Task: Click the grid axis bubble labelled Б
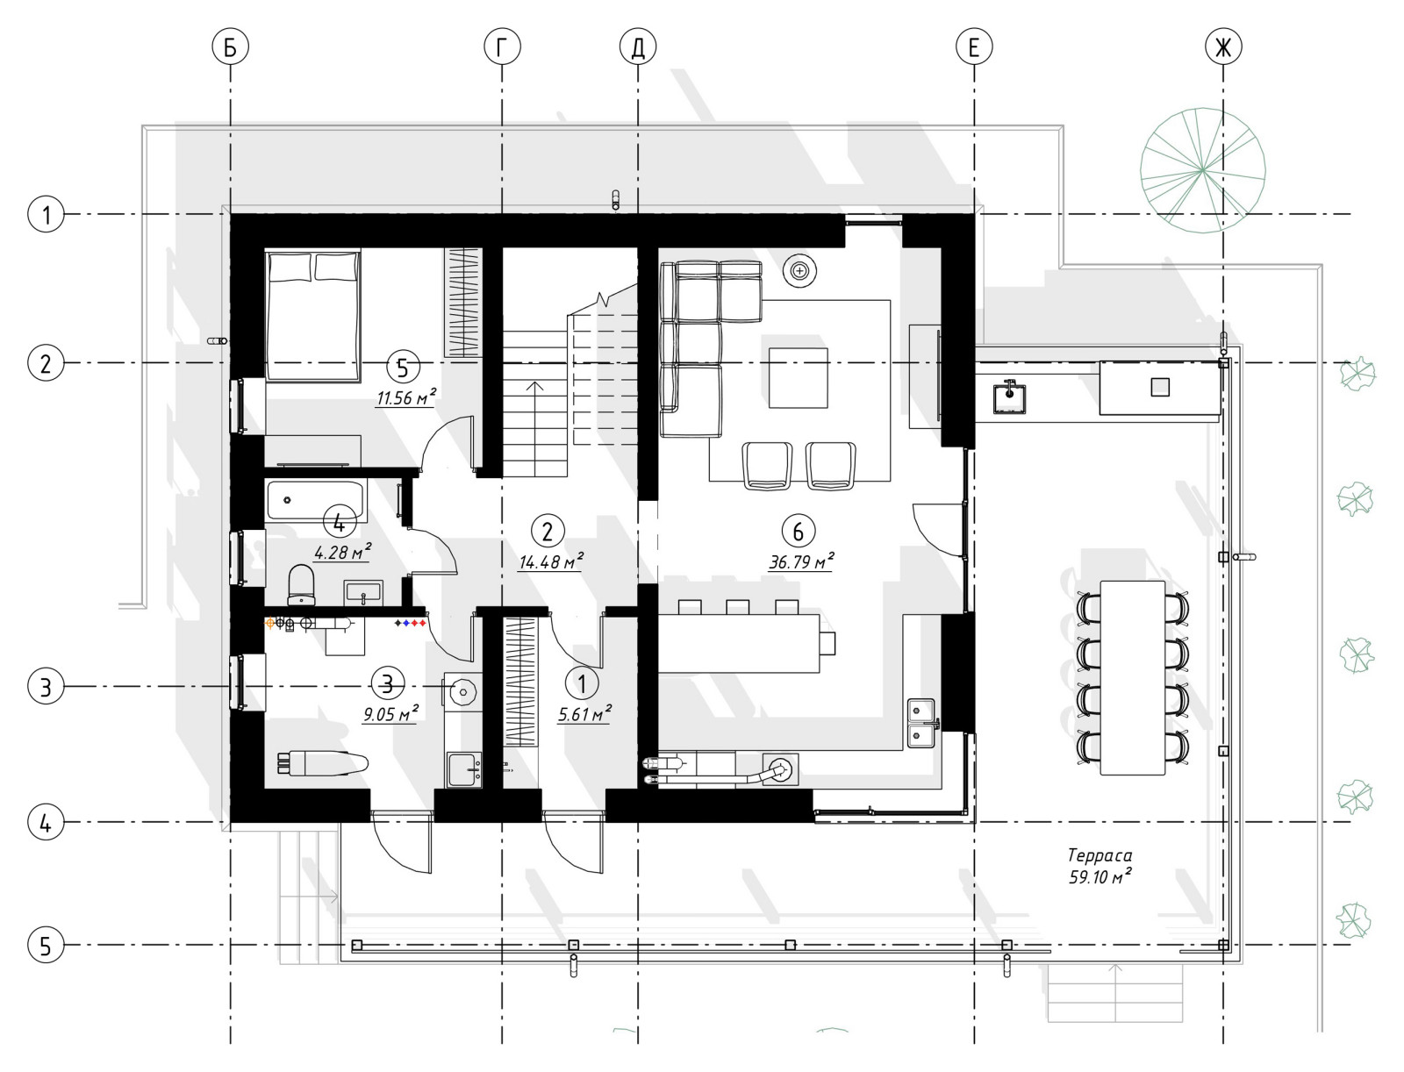pyautogui.click(x=230, y=46)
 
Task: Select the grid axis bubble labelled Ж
pyautogui.click(x=1223, y=46)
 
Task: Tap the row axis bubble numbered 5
pyautogui.click(x=46, y=946)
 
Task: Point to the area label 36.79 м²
pyautogui.click(x=801, y=561)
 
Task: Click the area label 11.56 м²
pyautogui.click(x=406, y=397)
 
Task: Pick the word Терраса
pyautogui.click(x=1100, y=855)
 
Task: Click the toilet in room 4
pyautogui.click(x=301, y=584)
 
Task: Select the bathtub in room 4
pyautogui.click(x=316, y=501)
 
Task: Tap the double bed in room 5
pyautogui.click(x=312, y=316)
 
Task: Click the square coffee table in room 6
pyautogui.click(x=799, y=378)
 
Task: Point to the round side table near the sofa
pyautogui.click(x=799, y=271)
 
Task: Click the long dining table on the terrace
pyautogui.click(x=1133, y=678)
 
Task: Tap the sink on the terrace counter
pyautogui.click(x=1009, y=397)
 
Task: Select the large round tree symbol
pyautogui.click(x=1202, y=170)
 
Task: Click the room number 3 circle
pyautogui.click(x=388, y=683)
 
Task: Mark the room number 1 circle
pyautogui.click(x=582, y=683)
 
